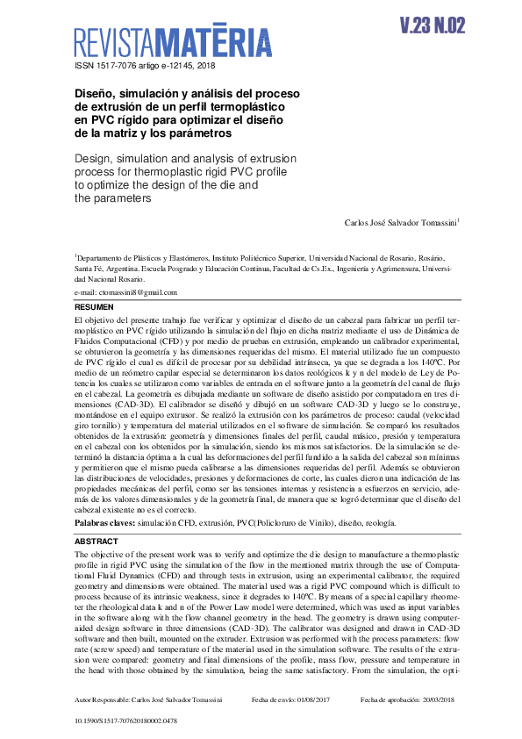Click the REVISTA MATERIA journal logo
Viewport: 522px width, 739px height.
pyautogui.click(x=172, y=42)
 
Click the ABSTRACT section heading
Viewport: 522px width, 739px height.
pyautogui.click(x=97, y=542)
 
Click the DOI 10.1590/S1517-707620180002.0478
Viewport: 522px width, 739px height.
pyautogui.click(x=126, y=721)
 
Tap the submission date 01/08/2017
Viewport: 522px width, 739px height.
pyautogui.click(x=312, y=700)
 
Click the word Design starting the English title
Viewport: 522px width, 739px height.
pyautogui.click(x=93, y=158)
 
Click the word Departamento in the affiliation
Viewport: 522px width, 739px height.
pyautogui.click(x=103, y=258)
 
